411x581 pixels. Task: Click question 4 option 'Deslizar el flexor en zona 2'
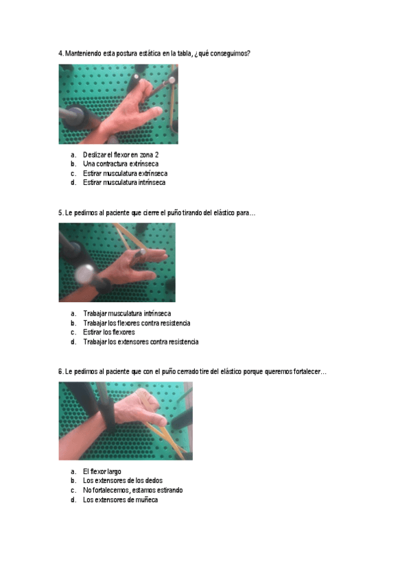(x=121, y=155)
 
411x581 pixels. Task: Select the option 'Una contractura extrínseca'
(x=121, y=164)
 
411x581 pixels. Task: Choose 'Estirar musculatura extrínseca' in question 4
(x=125, y=173)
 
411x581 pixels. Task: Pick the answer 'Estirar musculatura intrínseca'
(x=124, y=182)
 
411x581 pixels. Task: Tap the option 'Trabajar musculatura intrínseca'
(x=127, y=314)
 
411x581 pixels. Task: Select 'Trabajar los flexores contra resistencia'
(x=137, y=323)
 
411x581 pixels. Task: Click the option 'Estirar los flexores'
(x=108, y=332)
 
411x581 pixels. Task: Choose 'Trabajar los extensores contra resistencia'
(x=141, y=342)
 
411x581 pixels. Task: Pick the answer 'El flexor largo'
(x=102, y=471)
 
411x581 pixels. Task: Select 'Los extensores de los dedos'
(x=123, y=480)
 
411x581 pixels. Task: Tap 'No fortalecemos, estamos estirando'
(x=133, y=491)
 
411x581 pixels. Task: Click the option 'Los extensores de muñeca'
(x=120, y=500)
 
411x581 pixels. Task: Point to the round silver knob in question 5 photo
(x=86, y=274)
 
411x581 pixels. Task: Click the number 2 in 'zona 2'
(x=156, y=155)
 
